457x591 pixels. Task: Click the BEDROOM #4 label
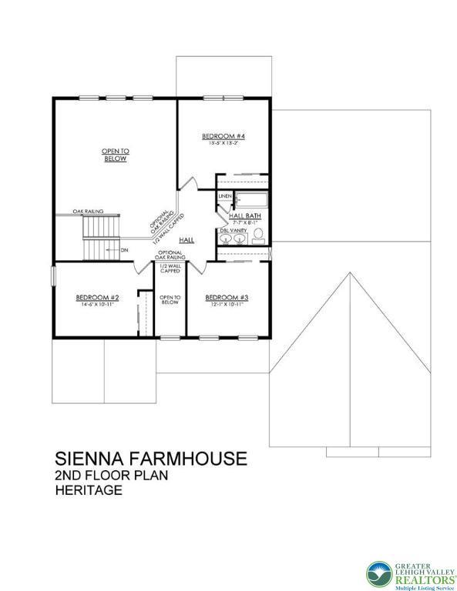(223, 136)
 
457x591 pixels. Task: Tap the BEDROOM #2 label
(97, 298)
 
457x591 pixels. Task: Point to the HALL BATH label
(244, 216)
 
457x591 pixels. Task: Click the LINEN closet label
(225, 196)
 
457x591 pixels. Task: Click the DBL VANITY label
(234, 230)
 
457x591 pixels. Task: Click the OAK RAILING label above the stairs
(89, 211)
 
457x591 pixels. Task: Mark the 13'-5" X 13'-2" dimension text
(223, 143)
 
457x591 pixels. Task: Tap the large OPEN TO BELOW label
(116, 155)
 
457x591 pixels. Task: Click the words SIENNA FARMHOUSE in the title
(150, 459)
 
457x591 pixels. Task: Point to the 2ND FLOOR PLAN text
(111, 476)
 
